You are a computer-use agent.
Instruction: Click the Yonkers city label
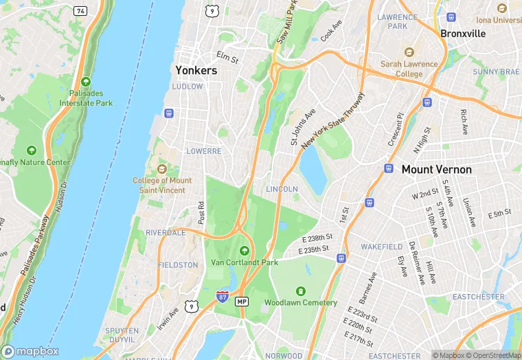196,70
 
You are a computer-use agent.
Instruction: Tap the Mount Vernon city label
437,169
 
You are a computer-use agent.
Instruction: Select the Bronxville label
463,33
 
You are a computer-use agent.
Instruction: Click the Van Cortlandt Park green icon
245,249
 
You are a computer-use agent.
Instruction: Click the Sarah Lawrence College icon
409,52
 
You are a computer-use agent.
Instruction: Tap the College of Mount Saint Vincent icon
162,169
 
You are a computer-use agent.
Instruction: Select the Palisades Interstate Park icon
85,81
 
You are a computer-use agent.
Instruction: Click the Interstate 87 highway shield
222,296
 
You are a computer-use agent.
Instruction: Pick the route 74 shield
81,11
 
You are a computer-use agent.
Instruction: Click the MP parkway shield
242,302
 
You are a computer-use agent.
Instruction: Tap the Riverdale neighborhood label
166,233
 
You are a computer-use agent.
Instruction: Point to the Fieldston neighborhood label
178,265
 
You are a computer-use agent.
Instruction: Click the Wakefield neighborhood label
381,246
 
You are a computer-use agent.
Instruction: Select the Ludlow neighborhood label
188,87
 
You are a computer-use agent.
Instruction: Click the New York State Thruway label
332,118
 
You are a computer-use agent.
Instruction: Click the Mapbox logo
30,351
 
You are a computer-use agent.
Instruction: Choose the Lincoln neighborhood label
282,189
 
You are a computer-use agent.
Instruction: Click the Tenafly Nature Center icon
31,150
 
